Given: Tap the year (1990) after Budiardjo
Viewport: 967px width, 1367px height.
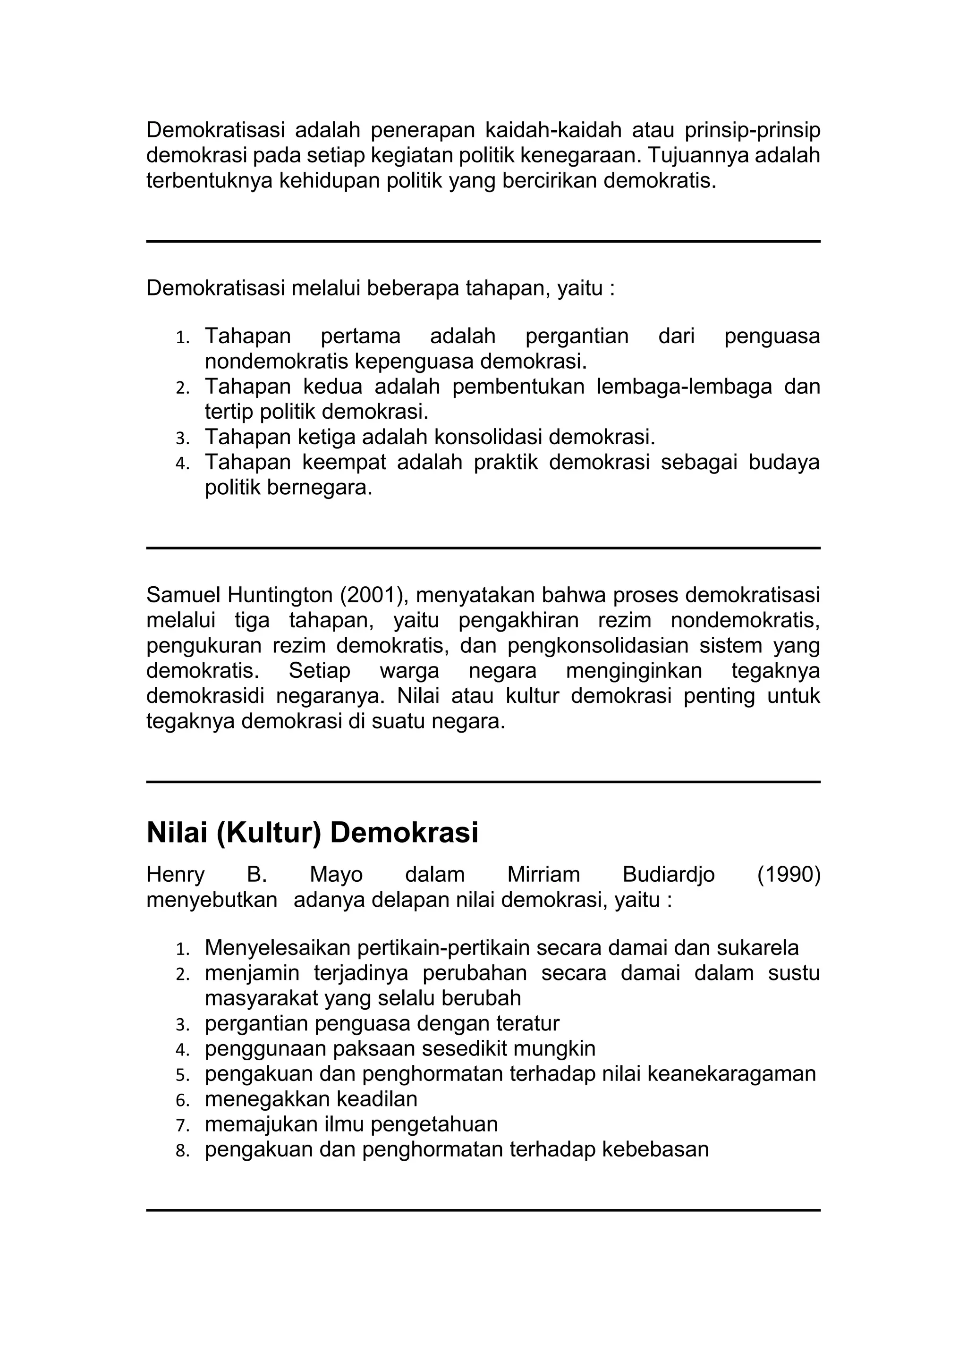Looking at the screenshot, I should click(x=789, y=875).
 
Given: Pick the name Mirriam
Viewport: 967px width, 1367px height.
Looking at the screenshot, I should click(x=543, y=875).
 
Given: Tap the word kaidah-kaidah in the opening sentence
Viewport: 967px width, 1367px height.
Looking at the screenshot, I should click(x=553, y=129).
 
